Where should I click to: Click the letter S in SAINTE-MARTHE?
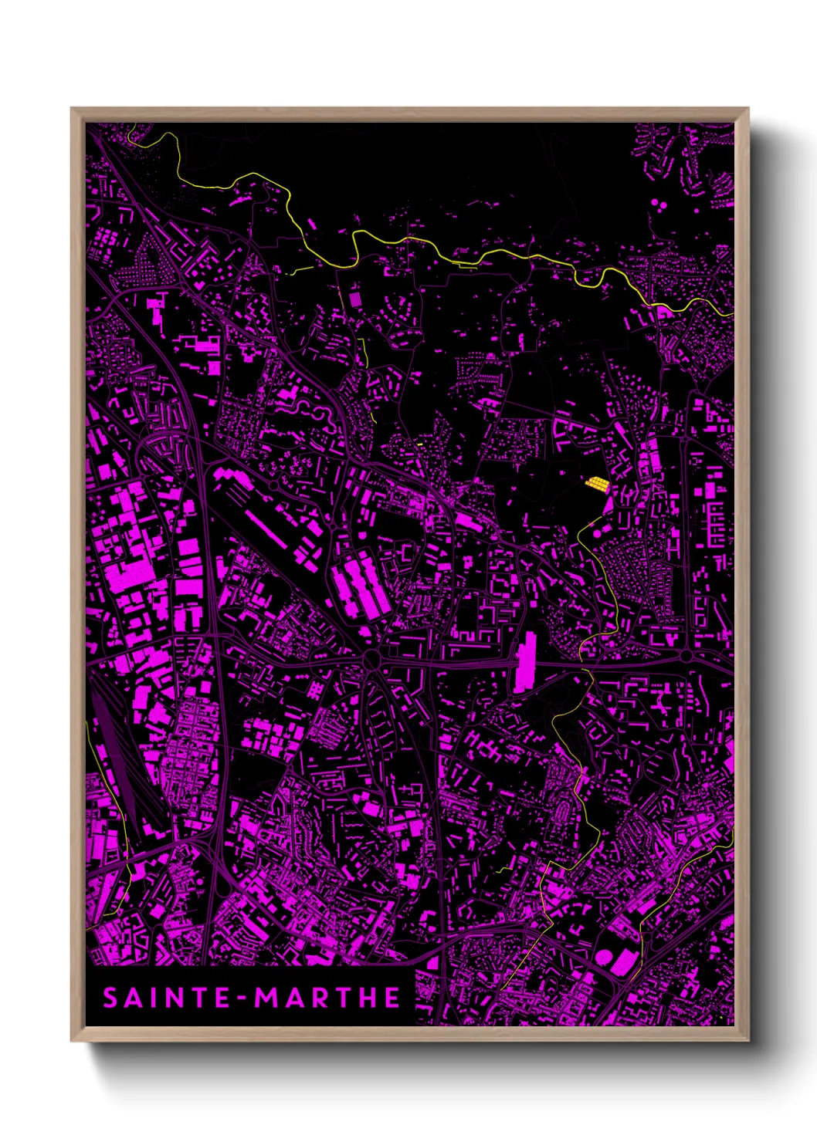point(110,998)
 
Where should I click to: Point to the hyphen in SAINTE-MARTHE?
point(243,999)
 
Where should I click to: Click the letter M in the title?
point(270,998)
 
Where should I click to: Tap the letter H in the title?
point(368,998)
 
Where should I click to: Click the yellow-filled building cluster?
point(597,484)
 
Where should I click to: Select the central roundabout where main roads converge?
point(371,660)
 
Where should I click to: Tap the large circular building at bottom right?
point(602,958)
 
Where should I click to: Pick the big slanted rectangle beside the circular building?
point(624,959)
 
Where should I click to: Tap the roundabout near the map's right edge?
point(686,656)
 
